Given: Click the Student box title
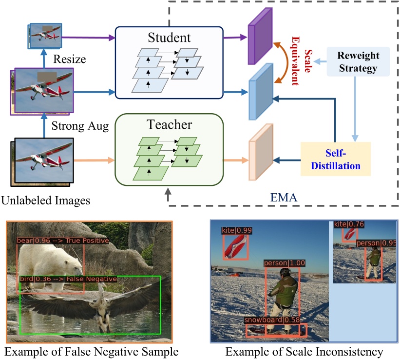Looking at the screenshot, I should point(169,37).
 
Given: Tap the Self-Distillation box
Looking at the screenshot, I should point(335,159).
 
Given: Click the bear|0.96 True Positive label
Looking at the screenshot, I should point(63,240).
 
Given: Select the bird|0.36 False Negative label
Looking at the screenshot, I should point(68,279).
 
